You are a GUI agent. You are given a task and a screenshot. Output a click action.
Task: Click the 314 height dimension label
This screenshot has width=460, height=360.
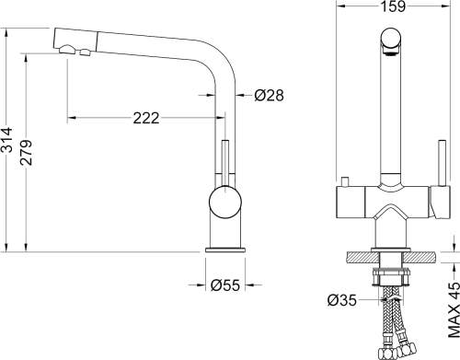pyautogui.click(x=6, y=140)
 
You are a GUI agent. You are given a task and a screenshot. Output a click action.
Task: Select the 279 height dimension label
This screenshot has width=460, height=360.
pyautogui.click(x=26, y=153)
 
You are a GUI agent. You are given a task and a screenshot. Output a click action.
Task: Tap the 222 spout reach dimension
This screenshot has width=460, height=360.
pyautogui.click(x=146, y=118)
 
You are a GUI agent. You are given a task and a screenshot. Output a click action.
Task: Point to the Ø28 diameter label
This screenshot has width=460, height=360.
pyautogui.click(x=269, y=95)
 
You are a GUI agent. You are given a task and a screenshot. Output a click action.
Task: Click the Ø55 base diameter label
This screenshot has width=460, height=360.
pyautogui.click(x=225, y=285)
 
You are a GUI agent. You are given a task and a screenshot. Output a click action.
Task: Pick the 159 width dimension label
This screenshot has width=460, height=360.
pyautogui.click(x=393, y=6)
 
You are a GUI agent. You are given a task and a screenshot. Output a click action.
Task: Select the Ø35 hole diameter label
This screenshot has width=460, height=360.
pyautogui.click(x=342, y=300)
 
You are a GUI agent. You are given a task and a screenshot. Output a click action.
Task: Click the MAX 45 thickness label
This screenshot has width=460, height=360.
pyautogui.click(x=454, y=309)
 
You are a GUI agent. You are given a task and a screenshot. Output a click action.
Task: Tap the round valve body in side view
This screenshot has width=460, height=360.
pyautogui.click(x=225, y=203)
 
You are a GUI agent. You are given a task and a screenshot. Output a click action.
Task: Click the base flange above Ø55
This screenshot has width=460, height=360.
pyautogui.click(x=225, y=250)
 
